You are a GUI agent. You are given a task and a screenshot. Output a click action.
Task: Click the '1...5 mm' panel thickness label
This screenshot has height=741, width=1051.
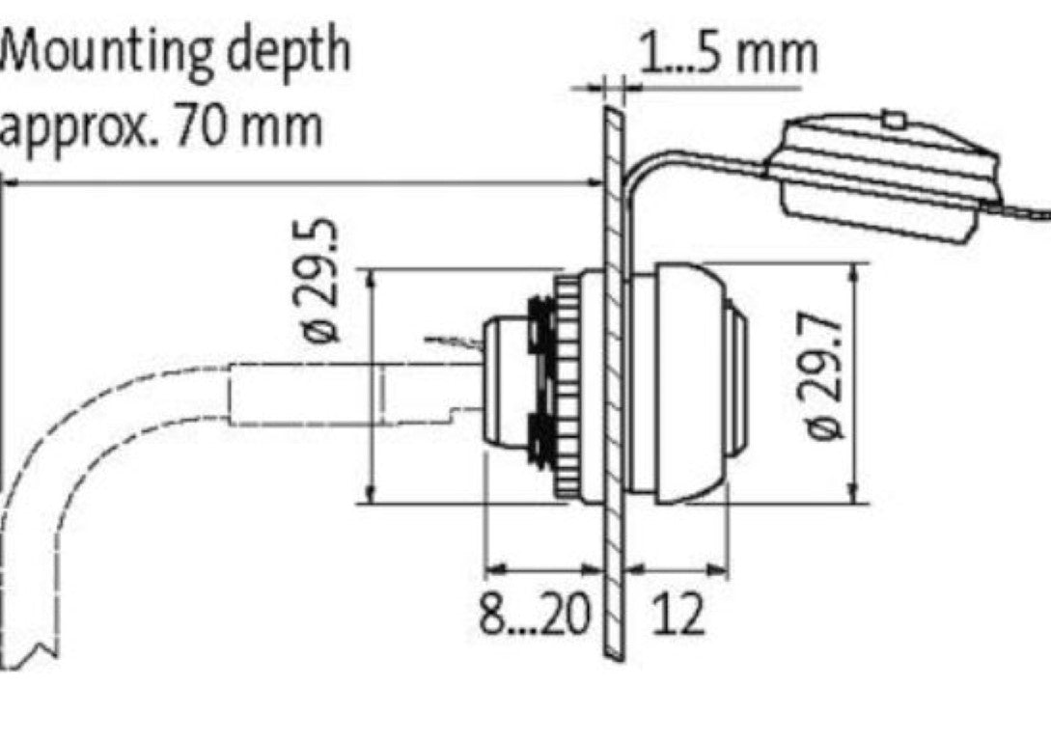728,53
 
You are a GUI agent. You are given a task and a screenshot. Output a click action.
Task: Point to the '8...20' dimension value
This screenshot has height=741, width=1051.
535,615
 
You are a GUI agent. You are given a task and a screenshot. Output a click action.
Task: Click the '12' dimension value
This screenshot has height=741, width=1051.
678,615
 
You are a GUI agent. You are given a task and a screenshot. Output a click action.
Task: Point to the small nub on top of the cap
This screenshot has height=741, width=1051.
894,120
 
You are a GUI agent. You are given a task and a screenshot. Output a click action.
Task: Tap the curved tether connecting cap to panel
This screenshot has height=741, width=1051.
676,159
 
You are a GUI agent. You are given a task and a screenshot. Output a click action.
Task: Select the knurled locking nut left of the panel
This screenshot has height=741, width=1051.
568,386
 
